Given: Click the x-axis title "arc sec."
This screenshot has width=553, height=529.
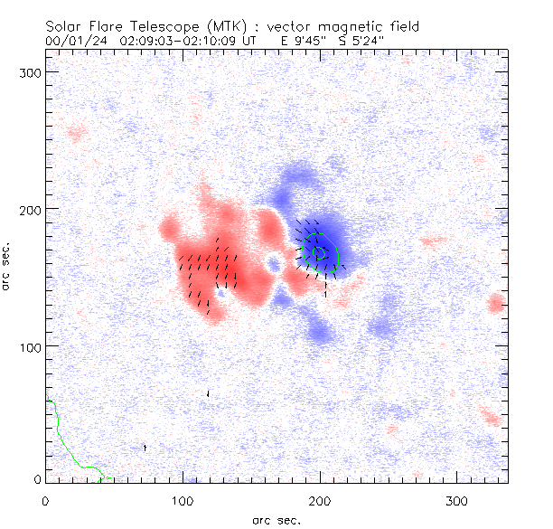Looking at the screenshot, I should pyautogui.click(x=276, y=519).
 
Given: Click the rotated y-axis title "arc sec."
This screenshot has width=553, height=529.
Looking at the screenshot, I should pyautogui.click(x=8, y=267).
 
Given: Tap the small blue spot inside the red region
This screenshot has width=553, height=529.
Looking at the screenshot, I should pyautogui.click(x=273, y=264).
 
